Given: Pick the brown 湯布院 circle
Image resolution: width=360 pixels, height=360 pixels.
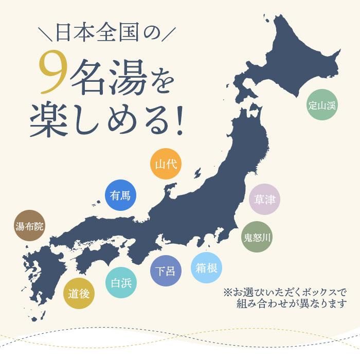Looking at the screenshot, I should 30,226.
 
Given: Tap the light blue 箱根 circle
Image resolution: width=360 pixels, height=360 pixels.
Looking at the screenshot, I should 207,267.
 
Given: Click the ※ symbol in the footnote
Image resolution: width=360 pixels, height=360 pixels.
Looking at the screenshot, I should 228,292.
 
